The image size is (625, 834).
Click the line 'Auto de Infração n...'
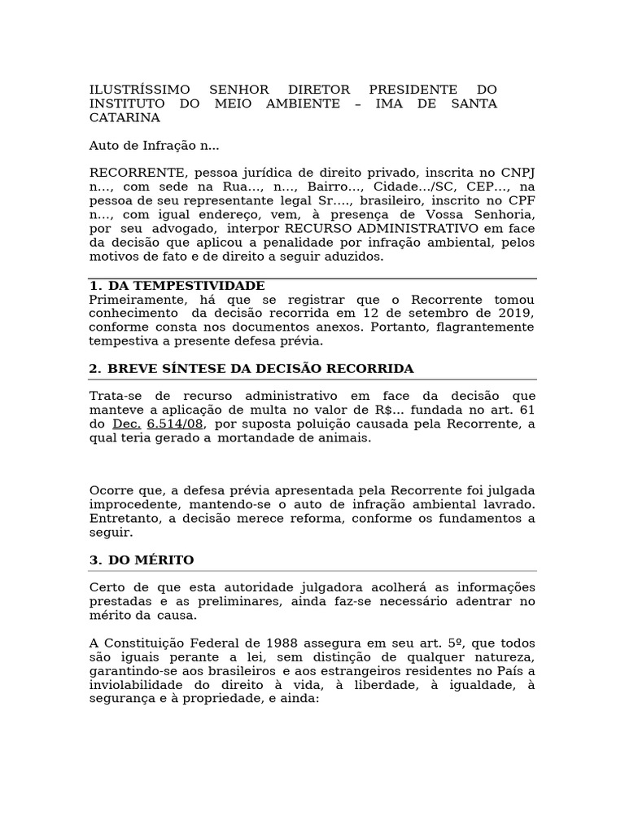154,147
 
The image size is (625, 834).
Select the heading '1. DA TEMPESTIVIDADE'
177,286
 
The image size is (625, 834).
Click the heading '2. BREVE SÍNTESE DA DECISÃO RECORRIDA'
251,369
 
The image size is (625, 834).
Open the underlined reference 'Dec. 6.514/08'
158,424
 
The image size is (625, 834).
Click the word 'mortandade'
251,437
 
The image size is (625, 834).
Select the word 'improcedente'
129,505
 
